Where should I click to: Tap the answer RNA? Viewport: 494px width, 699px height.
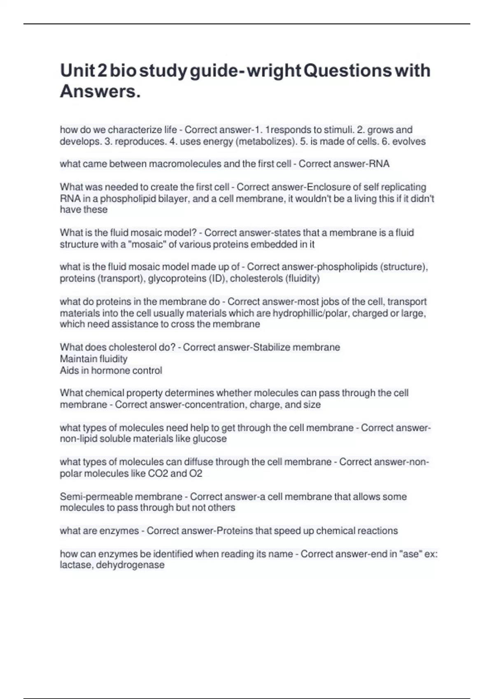[379, 164]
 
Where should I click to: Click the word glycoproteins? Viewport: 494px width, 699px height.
[177, 279]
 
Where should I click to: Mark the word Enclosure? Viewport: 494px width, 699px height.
[331, 187]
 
